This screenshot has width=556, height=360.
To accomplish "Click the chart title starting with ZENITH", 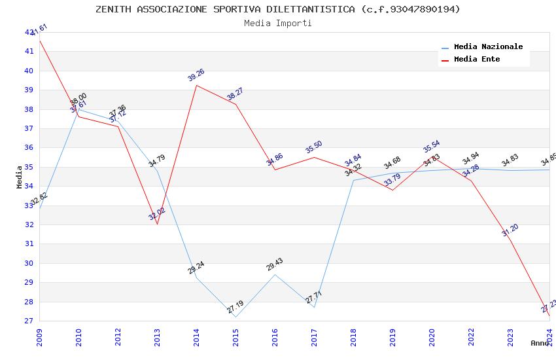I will coord(278,9).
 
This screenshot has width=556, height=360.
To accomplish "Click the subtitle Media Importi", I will coord(278,23).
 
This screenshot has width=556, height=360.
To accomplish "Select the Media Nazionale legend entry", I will coord(488,46).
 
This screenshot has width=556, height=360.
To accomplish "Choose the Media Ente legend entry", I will coord(477,59).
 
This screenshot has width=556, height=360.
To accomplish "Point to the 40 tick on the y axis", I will coord(29,71).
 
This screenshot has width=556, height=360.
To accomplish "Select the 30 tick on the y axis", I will coord(29,263).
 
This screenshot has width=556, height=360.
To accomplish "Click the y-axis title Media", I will coord(20,177).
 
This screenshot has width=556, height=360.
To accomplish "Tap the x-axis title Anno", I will coord(540,343).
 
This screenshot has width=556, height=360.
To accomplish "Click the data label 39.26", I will coord(196,75).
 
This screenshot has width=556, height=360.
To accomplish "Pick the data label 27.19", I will coord(235,306).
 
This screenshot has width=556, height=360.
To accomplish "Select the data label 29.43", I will coord(275,264).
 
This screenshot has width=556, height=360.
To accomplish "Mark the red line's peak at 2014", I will coord(196,85).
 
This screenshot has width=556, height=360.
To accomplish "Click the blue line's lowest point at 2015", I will coord(235,317).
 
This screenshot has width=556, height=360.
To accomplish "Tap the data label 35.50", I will coord(314,147).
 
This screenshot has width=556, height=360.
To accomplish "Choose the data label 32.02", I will coord(157,214).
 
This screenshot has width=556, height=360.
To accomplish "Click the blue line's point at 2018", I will coord(353,180).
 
